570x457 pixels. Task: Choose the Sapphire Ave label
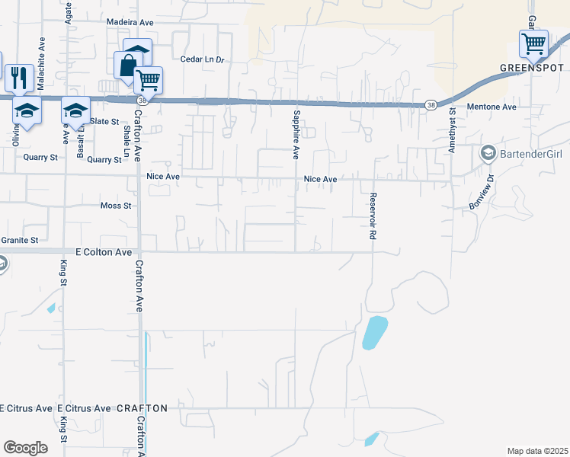click(x=295, y=135)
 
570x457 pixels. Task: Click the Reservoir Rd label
click(x=373, y=216)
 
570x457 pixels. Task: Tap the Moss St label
click(x=116, y=206)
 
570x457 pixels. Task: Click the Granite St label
click(x=19, y=240)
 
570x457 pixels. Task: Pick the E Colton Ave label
click(x=104, y=252)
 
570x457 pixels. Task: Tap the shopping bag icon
click(x=127, y=65)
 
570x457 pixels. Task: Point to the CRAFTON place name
click(x=142, y=408)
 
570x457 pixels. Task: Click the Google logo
click(x=25, y=448)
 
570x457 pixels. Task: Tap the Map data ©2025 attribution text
click(x=536, y=451)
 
